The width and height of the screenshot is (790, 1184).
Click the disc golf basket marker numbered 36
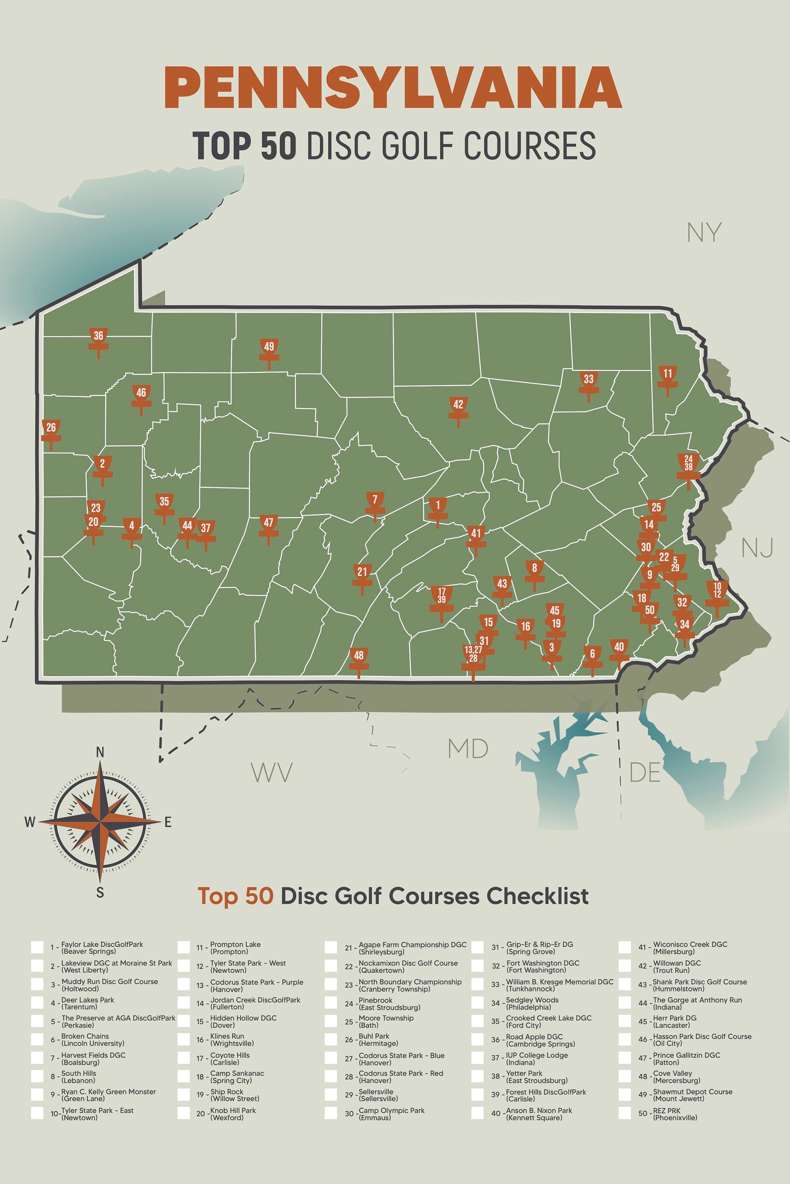click(98, 340)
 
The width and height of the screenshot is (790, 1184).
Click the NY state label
click(704, 232)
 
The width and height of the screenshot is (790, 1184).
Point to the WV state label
click(272, 772)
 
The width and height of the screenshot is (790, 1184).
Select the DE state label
click(644, 772)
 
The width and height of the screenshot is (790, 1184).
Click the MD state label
click(468, 749)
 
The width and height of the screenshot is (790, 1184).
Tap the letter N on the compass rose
click(100, 752)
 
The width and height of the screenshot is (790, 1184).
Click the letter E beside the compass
click(168, 822)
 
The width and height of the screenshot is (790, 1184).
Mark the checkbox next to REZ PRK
click(625, 1113)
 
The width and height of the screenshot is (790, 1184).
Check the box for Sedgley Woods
click(477, 1003)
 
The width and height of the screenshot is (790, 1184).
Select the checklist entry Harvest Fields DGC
click(93, 1055)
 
